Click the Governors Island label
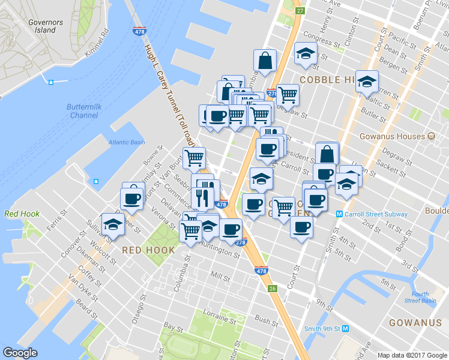pos(46,25)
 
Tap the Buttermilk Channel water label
pos(83,110)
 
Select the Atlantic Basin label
pos(127,142)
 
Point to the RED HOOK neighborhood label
pos(148,250)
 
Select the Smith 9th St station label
pos(326,329)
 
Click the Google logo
pos(20,353)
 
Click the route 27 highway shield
pos(300,11)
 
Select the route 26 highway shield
pos(273,289)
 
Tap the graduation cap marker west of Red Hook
pos(112,223)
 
